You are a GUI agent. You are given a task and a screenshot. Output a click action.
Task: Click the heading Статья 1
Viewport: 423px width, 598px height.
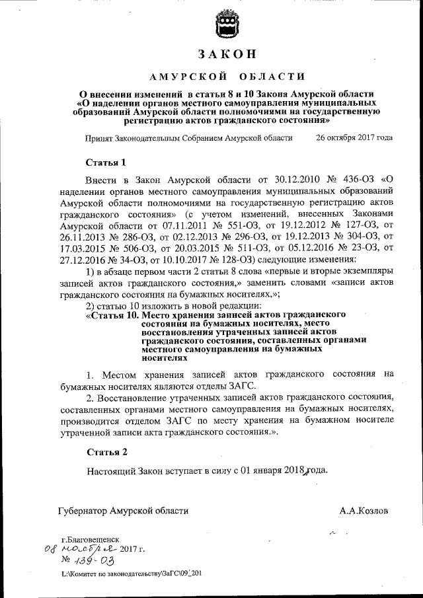(x=106, y=162)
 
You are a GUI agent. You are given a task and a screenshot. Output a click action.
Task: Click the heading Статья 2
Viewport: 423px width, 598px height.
(x=106, y=452)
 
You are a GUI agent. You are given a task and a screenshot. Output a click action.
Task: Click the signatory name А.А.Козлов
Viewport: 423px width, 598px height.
(x=364, y=511)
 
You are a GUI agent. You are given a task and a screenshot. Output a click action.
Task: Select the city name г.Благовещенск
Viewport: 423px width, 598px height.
(x=90, y=539)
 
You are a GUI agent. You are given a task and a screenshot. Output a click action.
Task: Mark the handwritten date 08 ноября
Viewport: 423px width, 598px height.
(x=81, y=549)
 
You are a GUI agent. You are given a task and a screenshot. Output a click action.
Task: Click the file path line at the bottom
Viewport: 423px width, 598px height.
(x=131, y=574)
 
